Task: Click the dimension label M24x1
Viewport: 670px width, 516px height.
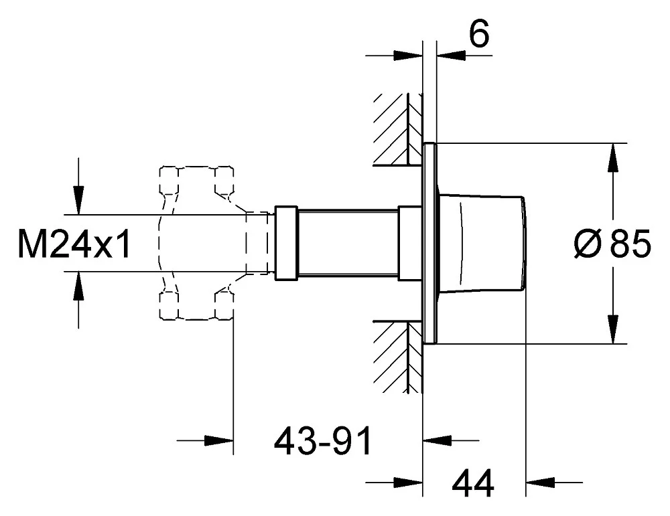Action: click(x=74, y=243)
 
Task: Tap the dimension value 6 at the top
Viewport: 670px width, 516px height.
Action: click(x=479, y=33)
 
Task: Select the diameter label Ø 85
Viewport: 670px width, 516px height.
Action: click(x=612, y=243)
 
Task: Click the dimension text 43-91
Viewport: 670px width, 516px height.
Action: click(x=323, y=441)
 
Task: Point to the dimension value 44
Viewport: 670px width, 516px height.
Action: click(x=472, y=483)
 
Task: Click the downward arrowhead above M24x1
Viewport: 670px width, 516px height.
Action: click(x=78, y=199)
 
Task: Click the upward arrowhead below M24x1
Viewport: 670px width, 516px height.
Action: click(x=78, y=285)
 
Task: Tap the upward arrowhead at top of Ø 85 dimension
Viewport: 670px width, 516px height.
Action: click(x=613, y=157)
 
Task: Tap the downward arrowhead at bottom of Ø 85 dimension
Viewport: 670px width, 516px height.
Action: click(x=613, y=329)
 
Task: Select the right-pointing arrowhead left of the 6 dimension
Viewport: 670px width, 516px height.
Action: click(x=408, y=55)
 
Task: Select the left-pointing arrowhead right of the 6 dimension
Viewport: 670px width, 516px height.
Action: click(x=451, y=55)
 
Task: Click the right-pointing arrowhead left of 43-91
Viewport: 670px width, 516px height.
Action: click(x=219, y=440)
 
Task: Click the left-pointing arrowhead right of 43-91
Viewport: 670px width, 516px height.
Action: click(x=437, y=440)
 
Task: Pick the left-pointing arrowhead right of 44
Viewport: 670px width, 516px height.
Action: click(x=540, y=483)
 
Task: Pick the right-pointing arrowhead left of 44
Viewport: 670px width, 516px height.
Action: click(x=408, y=483)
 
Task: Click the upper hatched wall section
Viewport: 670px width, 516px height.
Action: click(x=397, y=129)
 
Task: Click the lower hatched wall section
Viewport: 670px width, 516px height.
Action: click(x=397, y=356)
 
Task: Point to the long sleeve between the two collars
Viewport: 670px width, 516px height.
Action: click(x=347, y=243)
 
